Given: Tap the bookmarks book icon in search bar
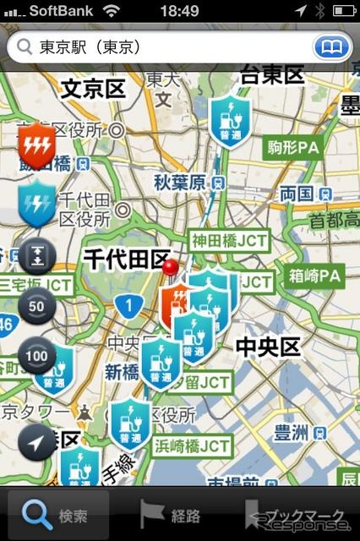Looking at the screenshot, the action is pyautogui.click(x=332, y=46).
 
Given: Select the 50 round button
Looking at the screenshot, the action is pyautogui.click(x=36, y=306).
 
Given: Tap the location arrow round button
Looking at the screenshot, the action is pyautogui.click(x=36, y=441).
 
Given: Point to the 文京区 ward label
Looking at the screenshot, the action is pyautogui.click(x=93, y=88).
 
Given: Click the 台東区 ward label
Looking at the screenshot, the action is pyautogui.click(x=272, y=74).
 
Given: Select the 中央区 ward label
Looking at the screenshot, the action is pyautogui.click(x=267, y=347).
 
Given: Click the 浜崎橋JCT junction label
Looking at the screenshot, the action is pyautogui.click(x=192, y=445).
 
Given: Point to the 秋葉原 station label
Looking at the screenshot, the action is pyautogui.click(x=180, y=182).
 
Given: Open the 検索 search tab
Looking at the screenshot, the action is pyautogui.click(x=58, y=514).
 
